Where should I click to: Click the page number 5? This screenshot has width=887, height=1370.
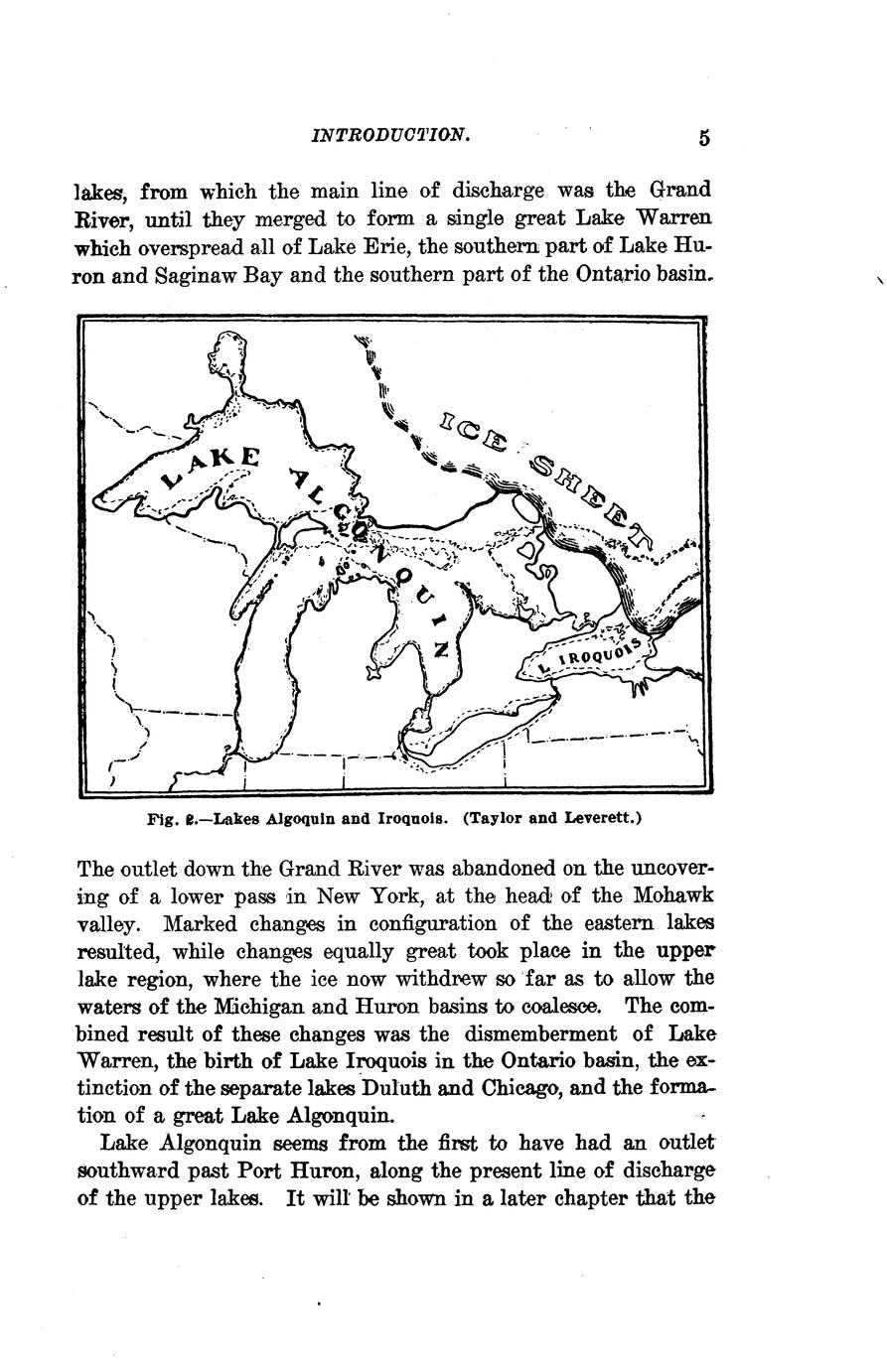coord(704,138)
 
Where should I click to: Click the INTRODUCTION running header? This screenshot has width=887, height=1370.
coord(389,134)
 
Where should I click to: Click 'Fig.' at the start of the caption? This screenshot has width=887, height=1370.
coord(160,821)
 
